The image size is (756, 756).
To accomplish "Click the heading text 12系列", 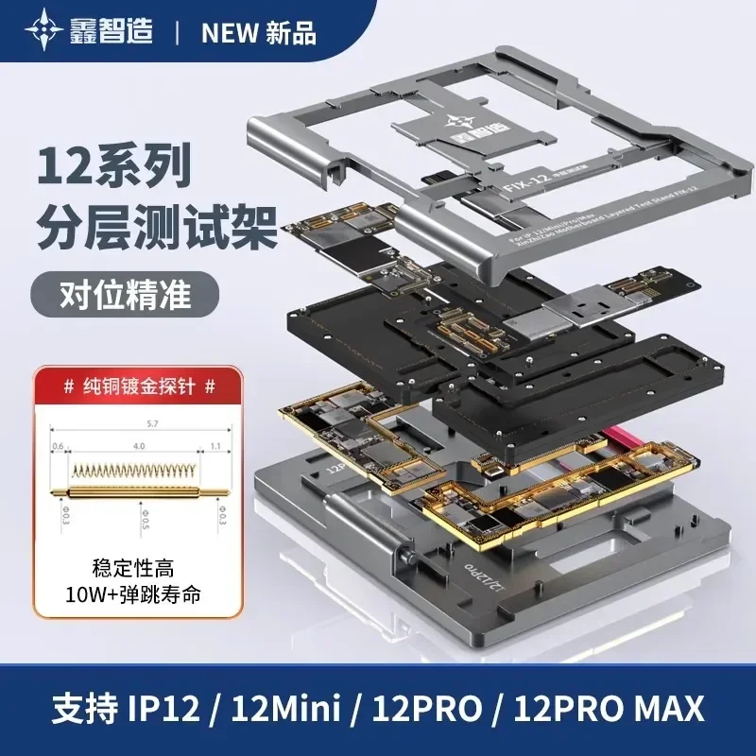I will (113, 166).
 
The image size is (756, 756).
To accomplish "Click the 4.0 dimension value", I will (140, 446).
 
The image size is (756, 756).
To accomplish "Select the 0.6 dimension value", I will (58, 446).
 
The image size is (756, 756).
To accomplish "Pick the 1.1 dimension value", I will (216, 446).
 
